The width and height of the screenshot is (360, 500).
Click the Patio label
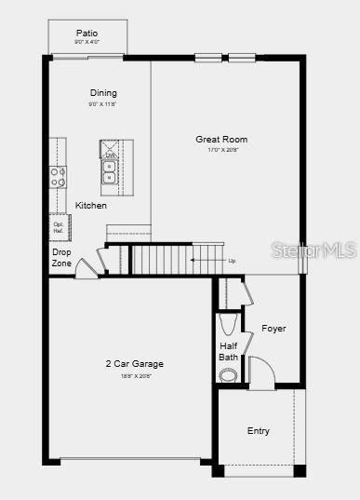point(87,33)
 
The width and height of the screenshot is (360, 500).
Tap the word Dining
point(103,92)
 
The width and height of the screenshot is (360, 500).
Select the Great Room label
point(221,139)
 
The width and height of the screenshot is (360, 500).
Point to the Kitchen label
point(91,205)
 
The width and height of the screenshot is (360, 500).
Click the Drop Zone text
point(61,257)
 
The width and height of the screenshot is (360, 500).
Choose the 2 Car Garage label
point(135,363)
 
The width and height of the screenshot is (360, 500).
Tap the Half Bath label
point(229,351)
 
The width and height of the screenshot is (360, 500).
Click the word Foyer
point(273,329)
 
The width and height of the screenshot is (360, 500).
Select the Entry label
point(259,431)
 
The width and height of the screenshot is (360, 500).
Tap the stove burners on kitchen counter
point(58,176)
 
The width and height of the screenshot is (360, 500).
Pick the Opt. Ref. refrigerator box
point(59,227)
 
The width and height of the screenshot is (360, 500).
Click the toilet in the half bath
point(229,323)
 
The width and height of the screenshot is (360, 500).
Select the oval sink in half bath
point(229,375)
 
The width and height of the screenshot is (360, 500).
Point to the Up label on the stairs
point(232,261)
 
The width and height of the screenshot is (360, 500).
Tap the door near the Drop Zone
point(87,269)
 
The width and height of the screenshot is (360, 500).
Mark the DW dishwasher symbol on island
point(110,152)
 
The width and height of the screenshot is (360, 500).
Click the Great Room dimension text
point(221,150)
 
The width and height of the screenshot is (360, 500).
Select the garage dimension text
point(135,375)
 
